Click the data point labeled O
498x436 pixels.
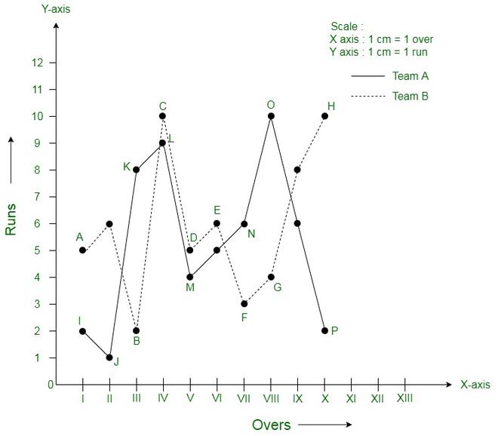coord(271,116)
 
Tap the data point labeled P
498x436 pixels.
coord(324,330)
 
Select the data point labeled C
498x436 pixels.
coord(162,116)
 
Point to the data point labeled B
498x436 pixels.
coord(136,330)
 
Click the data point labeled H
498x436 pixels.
coord(324,116)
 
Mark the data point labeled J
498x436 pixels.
coord(109,358)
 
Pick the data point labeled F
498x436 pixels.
coord(244,304)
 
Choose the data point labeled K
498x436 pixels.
coord(136,170)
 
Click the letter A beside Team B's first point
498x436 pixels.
coord(79,237)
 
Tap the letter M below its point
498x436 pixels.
coord(189,287)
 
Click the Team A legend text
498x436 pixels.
coord(410,76)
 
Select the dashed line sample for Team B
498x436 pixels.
coord(367,97)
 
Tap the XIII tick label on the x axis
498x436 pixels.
coord(404,398)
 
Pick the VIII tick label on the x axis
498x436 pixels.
coord(270,398)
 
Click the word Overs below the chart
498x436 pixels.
coord(271,425)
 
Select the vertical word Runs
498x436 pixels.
coord(11,218)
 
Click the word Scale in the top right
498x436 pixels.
coord(345,26)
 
